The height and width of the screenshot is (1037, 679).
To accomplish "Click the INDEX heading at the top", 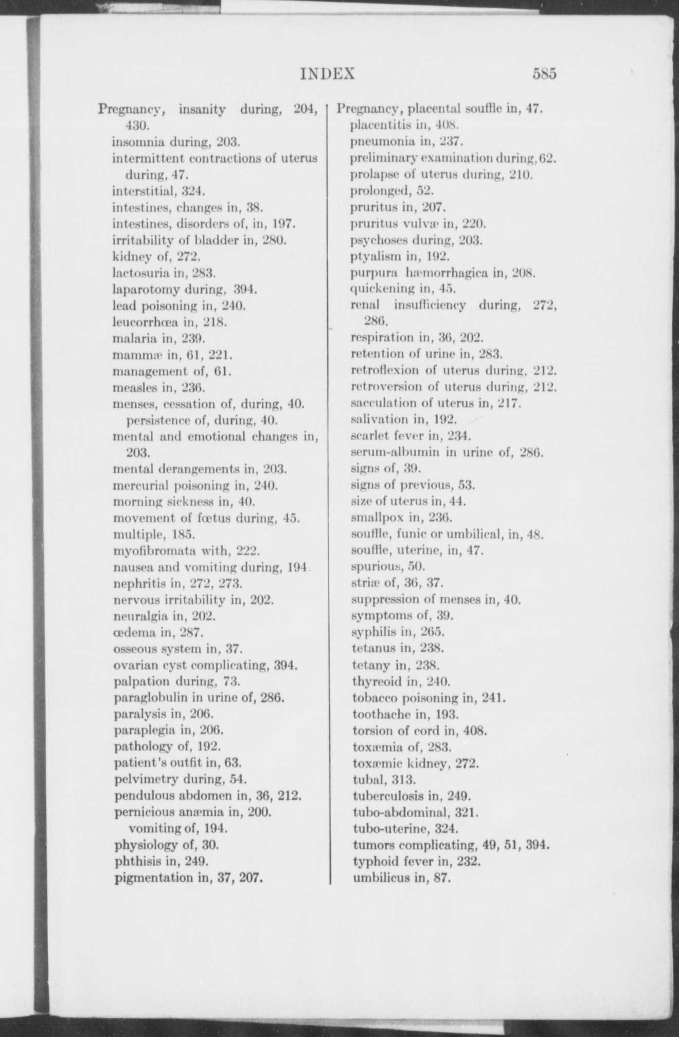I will tap(328, 74).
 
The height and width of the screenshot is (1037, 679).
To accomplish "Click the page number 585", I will tap(545, 74).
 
